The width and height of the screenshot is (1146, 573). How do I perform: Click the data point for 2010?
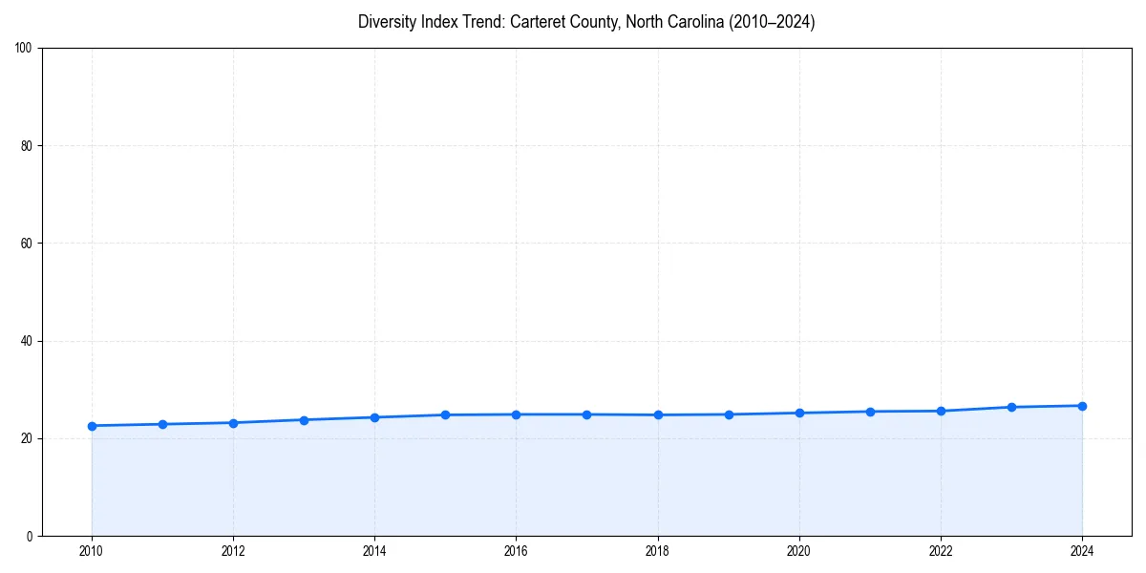click(92, 426)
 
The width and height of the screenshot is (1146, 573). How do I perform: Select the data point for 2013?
click(304, 420)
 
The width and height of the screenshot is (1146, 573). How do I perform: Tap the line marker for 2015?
click(445, 414)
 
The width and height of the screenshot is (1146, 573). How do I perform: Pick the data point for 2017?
click(586, 414)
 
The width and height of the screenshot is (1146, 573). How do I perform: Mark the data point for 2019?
click(729, 414)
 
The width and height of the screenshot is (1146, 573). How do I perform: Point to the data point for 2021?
click(870, 412)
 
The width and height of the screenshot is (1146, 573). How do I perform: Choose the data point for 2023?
click(1011, 407)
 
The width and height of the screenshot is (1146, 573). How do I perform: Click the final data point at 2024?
click(1082, 406)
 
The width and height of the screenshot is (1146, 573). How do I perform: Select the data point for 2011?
click(162, 424)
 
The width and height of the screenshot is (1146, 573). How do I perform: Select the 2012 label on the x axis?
click(233, 551)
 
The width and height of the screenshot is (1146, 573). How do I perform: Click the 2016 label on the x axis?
click(516, 551)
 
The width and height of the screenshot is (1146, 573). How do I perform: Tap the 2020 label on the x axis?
click(799, 551)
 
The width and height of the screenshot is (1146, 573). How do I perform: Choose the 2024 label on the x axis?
click(1082, 551)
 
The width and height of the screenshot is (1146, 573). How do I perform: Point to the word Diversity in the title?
click(386, 22)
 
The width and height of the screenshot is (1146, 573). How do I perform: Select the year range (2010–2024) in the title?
click(772, 22)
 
